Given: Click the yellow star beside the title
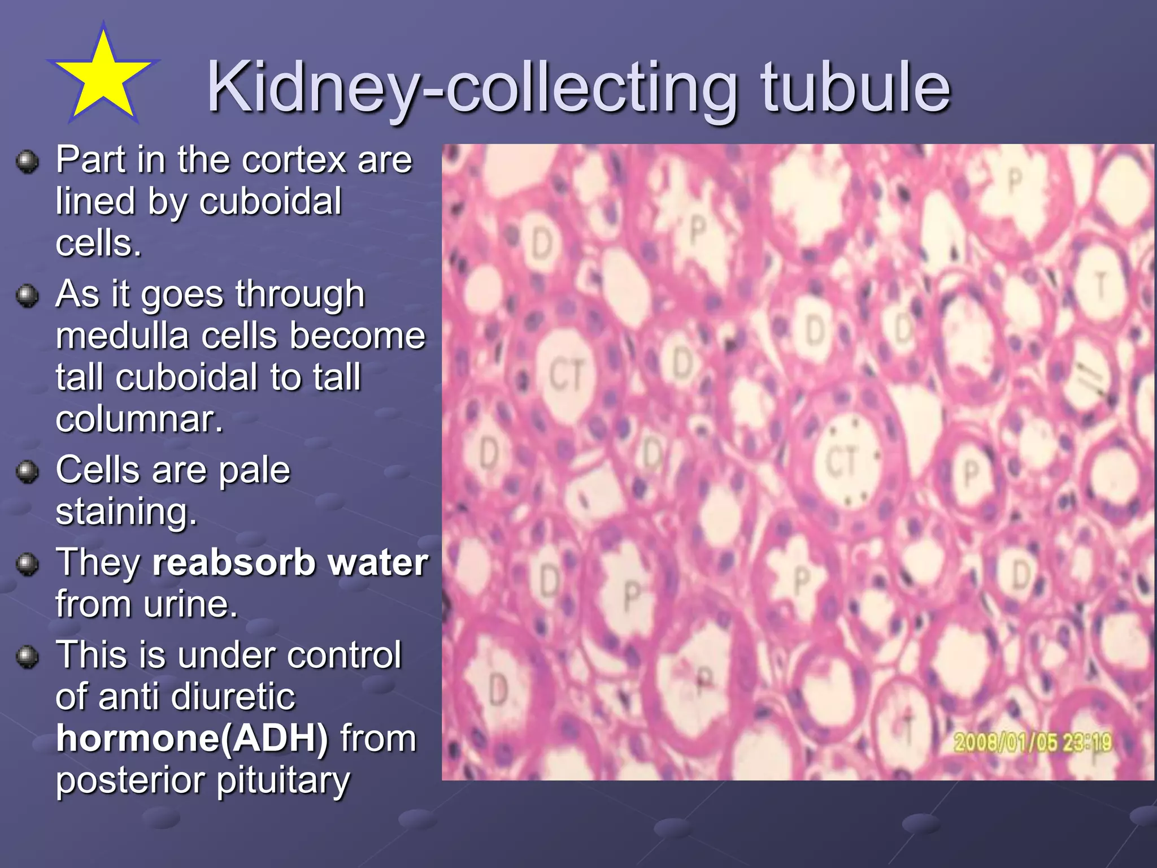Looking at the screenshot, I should click(x=103, y=76).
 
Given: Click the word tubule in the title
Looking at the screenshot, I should click(x=855, y=88).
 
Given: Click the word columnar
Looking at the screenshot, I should click(x=140, y=419).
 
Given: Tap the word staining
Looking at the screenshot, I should click(x=126, y=512).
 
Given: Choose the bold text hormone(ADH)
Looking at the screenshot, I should click(x=192, y=739).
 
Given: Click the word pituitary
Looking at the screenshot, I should click(x=283, y=781).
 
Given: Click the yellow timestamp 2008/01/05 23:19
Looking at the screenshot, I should click(x=1033, y=742).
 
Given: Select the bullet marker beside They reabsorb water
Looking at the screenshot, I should click(x=27, y=563).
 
